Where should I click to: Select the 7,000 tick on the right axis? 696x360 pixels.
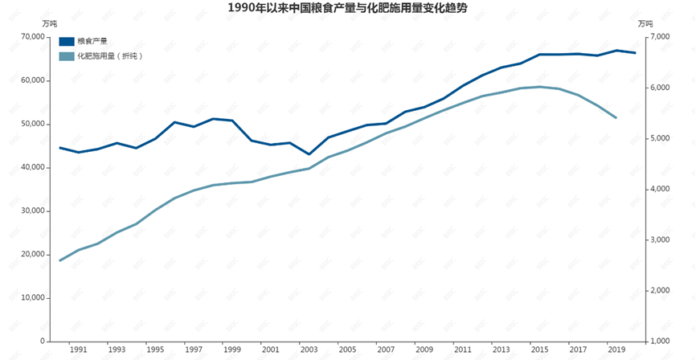click(658, 37)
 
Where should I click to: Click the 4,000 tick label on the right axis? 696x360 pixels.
click(658, 189)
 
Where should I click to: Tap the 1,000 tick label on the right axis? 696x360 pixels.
click(658, 341)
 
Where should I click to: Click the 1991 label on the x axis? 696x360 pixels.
click(78, 350)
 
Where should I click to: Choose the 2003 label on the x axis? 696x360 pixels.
click(309, 350)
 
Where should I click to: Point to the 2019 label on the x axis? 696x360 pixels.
click(616, 350)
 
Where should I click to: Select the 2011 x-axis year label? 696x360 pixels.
click(462, 350)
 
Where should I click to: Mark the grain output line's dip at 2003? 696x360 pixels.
click(309, 154)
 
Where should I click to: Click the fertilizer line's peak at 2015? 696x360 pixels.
click(540, 86)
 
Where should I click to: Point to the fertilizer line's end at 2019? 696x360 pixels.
click(616, 118)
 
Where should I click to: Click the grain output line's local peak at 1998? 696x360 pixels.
click(213, 119)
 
